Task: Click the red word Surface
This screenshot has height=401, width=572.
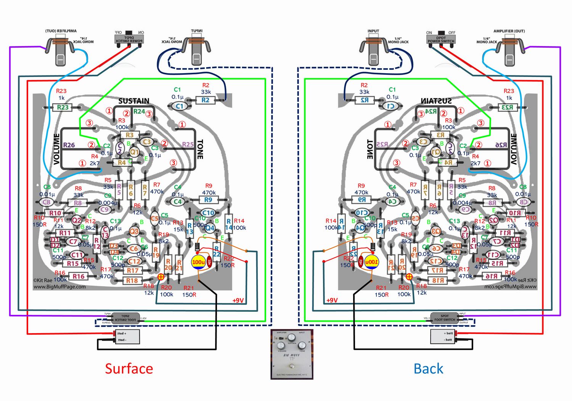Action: point(129,369)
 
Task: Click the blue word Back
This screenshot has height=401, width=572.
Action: point(428,369)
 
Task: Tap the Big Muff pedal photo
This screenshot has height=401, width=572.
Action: point(292,354)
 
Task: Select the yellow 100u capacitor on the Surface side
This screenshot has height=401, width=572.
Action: point(198,262)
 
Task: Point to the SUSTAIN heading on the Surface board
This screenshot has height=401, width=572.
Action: point(133,101)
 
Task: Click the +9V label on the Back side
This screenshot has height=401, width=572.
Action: point(332,300)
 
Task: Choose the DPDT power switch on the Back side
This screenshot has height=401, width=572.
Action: point(441,40)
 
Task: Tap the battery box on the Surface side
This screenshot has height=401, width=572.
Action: point(127,337)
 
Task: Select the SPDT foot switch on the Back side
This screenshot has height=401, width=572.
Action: point(445,318)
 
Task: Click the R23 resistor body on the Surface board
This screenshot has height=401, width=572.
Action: point(63,107)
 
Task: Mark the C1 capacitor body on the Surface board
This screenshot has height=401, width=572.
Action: point(179,106)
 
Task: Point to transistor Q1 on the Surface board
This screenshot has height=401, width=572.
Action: point(134,152)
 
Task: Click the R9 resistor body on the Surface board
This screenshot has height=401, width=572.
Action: point(208,200)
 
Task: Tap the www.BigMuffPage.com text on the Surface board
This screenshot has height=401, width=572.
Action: point(59,287)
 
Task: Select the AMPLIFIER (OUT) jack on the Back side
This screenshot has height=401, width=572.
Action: point(509,52)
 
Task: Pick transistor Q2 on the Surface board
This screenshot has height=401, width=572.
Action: point(77,220)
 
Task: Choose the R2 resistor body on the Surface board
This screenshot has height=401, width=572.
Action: point(205,100)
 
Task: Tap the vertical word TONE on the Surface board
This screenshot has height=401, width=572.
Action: point(200,149)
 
